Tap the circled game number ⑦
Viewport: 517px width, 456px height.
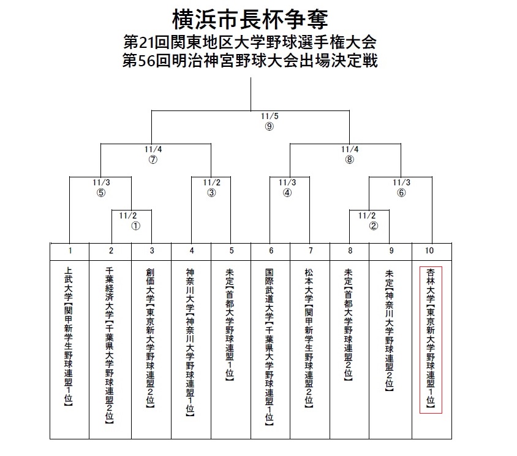153,160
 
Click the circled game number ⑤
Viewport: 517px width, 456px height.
102,192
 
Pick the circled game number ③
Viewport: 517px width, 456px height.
211,192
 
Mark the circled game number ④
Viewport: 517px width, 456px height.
287,192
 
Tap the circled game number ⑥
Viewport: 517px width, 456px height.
401,192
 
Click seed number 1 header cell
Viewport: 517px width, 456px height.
70,250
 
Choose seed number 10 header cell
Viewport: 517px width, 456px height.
432,250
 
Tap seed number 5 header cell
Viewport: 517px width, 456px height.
231,250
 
